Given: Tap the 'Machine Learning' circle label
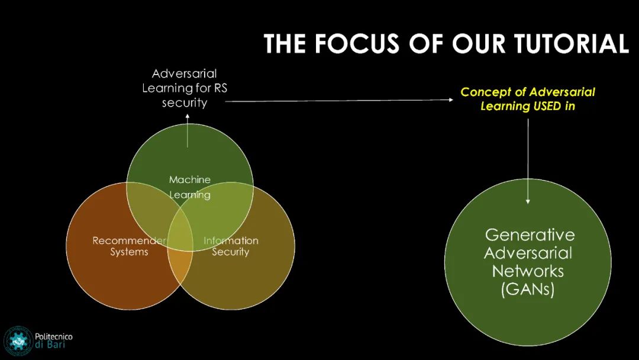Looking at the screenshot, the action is pos(190,187).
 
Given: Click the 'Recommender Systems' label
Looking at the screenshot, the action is pos(129,246).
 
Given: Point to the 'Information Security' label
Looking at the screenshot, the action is pos(231,246).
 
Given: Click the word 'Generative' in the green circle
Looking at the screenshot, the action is pos(530,234).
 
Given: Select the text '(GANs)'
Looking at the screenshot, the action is pos(528,290).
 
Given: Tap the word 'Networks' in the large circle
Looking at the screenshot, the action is pos(528,272).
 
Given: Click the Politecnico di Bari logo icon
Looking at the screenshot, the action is pos(18,341).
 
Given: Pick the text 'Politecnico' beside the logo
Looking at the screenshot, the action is pos(54,336).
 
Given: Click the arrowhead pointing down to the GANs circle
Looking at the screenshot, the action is pos(528,201).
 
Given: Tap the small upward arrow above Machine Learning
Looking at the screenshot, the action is pos(188,126).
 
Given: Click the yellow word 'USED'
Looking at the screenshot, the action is pos(545,107).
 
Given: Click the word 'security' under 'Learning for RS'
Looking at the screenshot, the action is pos(185,102).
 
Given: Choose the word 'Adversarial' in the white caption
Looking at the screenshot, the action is pos(185,74).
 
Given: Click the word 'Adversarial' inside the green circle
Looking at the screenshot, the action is pos(528,253).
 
